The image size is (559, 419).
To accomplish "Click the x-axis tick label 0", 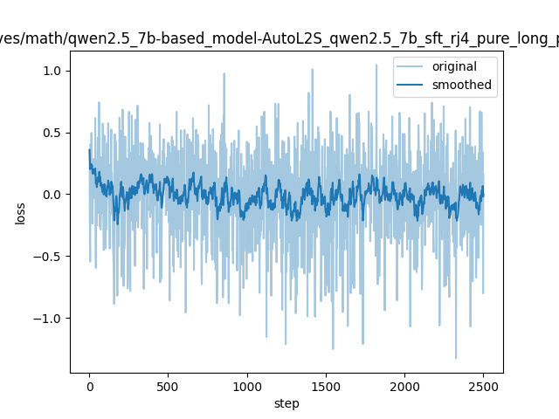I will click(x=89, y=385).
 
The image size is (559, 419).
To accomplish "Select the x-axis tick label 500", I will click(x=168, y=385).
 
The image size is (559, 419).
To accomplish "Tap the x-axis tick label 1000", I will click(x=247, y=385).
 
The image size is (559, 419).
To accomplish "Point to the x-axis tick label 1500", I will click(x=326, y=385).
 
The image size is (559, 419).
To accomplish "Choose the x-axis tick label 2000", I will click(x=404, y=385).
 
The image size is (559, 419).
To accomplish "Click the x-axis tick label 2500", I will click(x=484, y=385).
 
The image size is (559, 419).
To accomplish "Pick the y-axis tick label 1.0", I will click(x=53, y=71).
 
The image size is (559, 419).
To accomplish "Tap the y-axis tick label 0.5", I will click(x=53, y=133).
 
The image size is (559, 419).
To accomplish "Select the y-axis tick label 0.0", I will click(x=53, y=195).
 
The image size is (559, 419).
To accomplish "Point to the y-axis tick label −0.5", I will click(x=49, y=257).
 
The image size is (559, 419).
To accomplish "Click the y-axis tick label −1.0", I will click(x=49, y=319).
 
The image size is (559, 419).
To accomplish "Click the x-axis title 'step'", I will click(x=286, y=402).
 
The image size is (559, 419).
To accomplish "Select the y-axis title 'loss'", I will click(x=20, y=213).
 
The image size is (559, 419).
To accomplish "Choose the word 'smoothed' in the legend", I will click(x=462, y=86).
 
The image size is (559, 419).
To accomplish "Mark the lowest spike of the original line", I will click(x=455, y=358).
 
